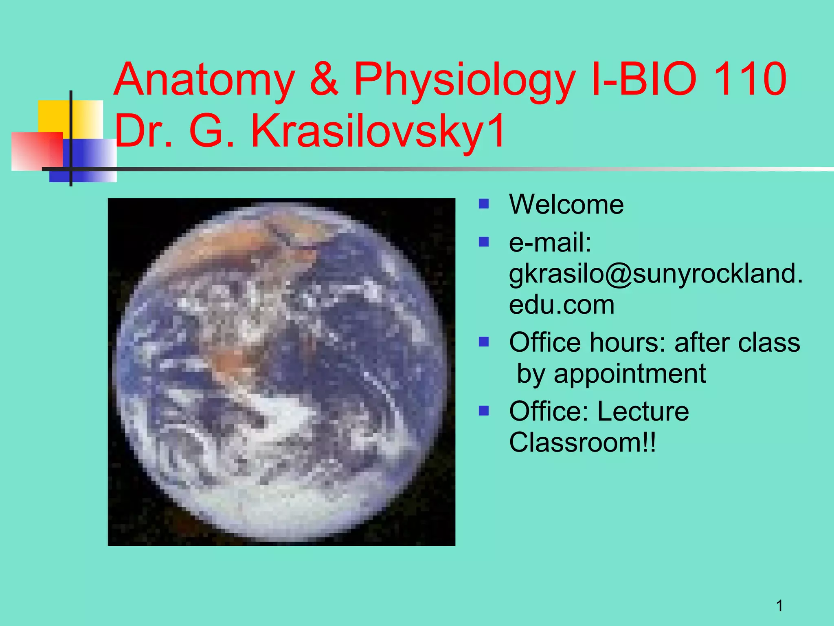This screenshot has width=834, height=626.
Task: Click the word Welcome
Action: (566, 204)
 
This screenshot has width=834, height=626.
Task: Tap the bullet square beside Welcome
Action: (483, 203)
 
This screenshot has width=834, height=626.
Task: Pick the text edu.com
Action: (562, 304)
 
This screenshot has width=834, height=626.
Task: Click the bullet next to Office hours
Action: (483, 342)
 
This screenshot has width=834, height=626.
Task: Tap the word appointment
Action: (630, 374)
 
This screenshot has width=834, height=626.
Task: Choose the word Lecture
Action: (643, 411)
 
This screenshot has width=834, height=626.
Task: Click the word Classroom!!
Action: (582, 442)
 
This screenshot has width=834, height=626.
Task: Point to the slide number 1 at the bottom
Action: (779, 606)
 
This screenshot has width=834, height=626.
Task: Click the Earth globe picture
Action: (281, 372)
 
